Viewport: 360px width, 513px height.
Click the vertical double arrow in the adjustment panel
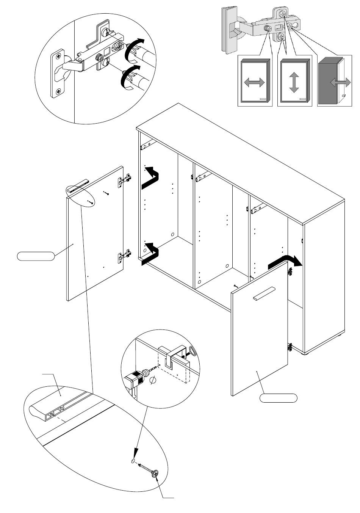pyautogui.click(x=294, y=82)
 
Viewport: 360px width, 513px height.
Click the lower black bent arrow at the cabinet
pyautogui.click(x=151, y=254)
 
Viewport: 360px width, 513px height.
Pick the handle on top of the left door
pyautogui.click(x=77, y=186)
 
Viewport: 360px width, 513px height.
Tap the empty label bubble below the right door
pyautogui.click(x=278, y=398)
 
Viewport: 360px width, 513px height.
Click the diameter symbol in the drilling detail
pyautogui.click(x=153, y=380)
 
